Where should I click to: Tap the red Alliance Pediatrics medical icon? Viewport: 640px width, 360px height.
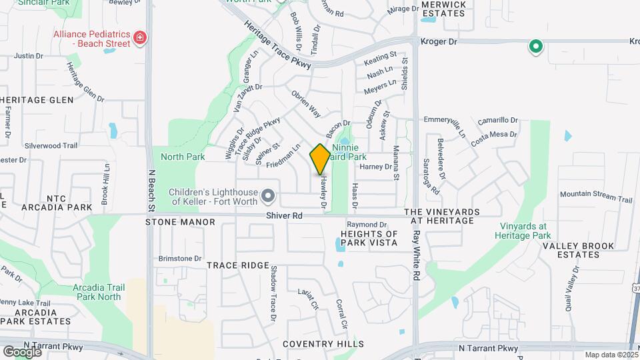[140, 37]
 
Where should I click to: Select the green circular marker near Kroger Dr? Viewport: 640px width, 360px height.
[535, 47]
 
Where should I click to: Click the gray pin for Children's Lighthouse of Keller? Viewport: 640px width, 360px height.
[268, 195]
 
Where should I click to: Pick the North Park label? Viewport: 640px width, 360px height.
[183, 157]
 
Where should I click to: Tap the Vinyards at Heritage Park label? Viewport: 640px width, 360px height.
[523, 231]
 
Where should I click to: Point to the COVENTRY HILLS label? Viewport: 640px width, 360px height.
[323, 344]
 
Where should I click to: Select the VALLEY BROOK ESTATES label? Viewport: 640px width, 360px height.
[578, 250]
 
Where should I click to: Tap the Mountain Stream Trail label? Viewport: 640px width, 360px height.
[595, 199]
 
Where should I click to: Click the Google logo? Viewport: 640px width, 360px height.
[22, 351]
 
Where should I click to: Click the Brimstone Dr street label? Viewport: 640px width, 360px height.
[179, 259]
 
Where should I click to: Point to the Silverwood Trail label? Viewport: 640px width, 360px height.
[51, 145]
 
